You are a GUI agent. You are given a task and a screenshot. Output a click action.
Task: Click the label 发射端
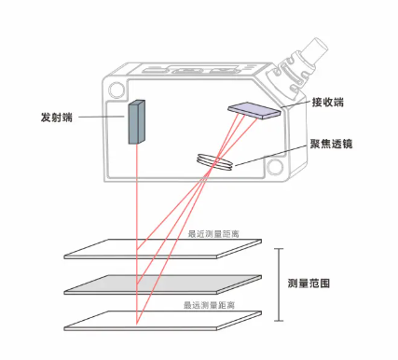(57, 118)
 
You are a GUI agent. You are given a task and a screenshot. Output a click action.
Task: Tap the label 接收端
(328, 103)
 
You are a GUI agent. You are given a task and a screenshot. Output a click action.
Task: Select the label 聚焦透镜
(331, 144)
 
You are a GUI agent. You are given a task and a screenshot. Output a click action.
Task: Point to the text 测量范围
(309, 284)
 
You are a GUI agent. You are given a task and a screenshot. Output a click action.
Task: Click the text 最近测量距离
(213, 234)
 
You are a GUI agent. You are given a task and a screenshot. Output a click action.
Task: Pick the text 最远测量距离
(209, 305)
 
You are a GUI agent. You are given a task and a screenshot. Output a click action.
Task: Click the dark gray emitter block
(137, 122)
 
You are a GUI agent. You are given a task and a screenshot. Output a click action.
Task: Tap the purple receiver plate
(254, 110)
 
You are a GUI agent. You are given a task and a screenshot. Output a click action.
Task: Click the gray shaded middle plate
(162, 284)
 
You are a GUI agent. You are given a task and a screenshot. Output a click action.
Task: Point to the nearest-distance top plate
(162, 249)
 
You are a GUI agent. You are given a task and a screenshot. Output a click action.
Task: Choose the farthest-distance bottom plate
(162, 320)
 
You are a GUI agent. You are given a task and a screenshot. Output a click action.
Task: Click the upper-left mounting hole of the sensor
(117, 90)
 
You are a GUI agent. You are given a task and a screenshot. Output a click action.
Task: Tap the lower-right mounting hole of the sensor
(275, 167)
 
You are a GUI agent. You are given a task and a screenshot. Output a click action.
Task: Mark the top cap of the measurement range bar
(280, 249)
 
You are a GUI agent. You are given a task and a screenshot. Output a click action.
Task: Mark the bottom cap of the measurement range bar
(280, 321)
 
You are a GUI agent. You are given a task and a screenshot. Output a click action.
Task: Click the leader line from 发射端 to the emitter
(102, 118)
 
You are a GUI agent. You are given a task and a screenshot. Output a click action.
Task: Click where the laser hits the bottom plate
(136, 324)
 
